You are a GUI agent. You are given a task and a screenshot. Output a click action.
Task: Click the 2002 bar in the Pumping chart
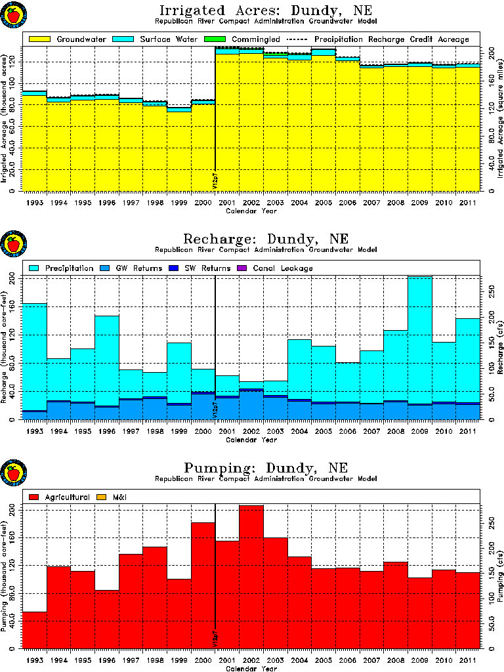(x=251, y=577)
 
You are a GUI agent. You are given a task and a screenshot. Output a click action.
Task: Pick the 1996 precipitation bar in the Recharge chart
(x=107, y=361)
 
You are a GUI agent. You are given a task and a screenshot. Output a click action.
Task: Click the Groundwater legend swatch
(x=40, y=39)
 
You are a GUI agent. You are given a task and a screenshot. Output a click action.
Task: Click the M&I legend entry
(x=117, y=497)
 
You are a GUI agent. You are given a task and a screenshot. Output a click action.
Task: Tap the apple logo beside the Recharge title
(x=13, y=245)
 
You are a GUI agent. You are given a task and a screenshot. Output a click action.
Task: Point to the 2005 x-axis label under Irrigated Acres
(x=324, y=203)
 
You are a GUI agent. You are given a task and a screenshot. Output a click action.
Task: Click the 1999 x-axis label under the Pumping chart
(x=179, y=661)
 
